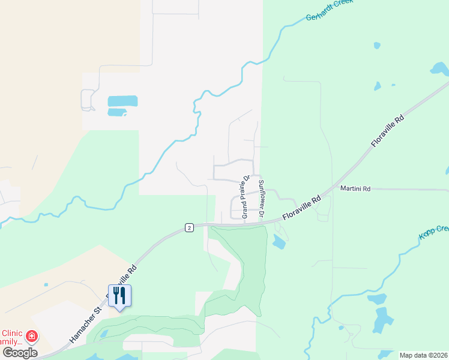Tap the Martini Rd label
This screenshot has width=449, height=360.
pyautogui.click(x=355, y=188)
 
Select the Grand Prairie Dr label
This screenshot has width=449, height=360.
pyautogui.click(x=246, y=196)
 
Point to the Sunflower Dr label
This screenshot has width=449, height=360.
pyautogui.click(x=261, y=198)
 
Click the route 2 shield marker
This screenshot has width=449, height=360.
pyautogui.click(x=189, y=228)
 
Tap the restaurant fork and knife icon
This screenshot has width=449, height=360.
pyautogui.click(x=119, y=295)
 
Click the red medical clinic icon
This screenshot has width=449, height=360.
pyautogui.click(x=31, y=337)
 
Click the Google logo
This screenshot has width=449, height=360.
pyautogui.click(x=20, y=352)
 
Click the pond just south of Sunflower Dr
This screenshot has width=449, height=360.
pyautogui.click(x=278, y=242)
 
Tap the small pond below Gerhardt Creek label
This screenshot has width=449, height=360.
pyautogui.click(x=376, y=45)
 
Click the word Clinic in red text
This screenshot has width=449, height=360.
pyautogui.click(x=13, y=333)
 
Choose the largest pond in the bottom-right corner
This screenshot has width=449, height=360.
pyautogui.click(x=382, y=320)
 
